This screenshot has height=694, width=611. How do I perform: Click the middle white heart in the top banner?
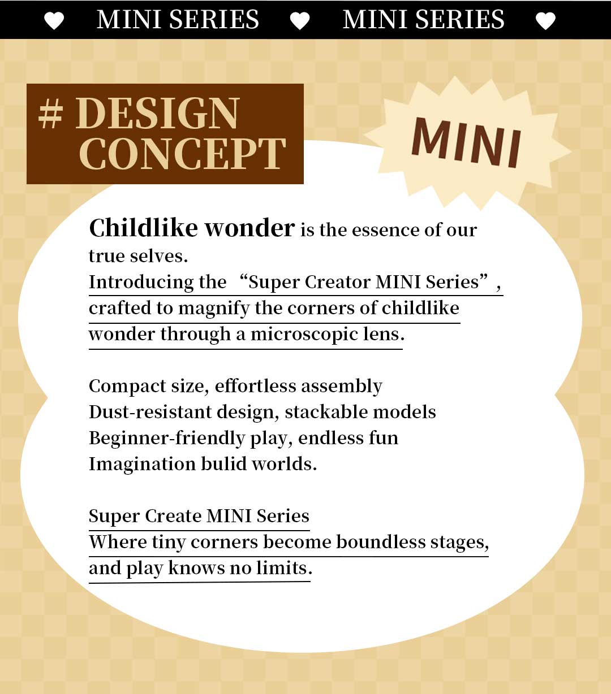300,21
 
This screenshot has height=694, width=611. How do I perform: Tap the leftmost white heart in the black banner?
54,21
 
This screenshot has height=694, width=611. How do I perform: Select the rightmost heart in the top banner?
545,21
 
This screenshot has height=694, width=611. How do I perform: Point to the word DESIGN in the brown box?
157,114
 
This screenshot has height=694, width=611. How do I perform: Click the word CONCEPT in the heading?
182,154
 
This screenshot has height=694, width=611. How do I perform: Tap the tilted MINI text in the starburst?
467,143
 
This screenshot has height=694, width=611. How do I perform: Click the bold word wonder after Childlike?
249,228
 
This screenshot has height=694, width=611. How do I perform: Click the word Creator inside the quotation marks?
337,282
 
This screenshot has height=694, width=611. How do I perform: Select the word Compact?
127,387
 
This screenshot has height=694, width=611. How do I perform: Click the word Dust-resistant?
150,412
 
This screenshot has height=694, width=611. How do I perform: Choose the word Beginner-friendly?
167,439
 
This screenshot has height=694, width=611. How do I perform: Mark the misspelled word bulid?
223,464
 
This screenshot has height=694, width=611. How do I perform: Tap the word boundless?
380,542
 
